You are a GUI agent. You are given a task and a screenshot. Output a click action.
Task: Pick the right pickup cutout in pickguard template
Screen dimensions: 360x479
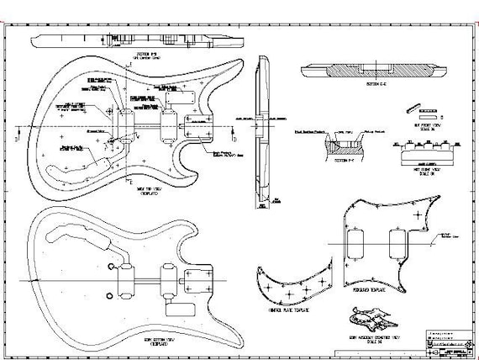(x=394, y=243)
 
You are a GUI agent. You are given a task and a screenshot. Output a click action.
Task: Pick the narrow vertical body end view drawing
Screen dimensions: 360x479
(x=266, y=126)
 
